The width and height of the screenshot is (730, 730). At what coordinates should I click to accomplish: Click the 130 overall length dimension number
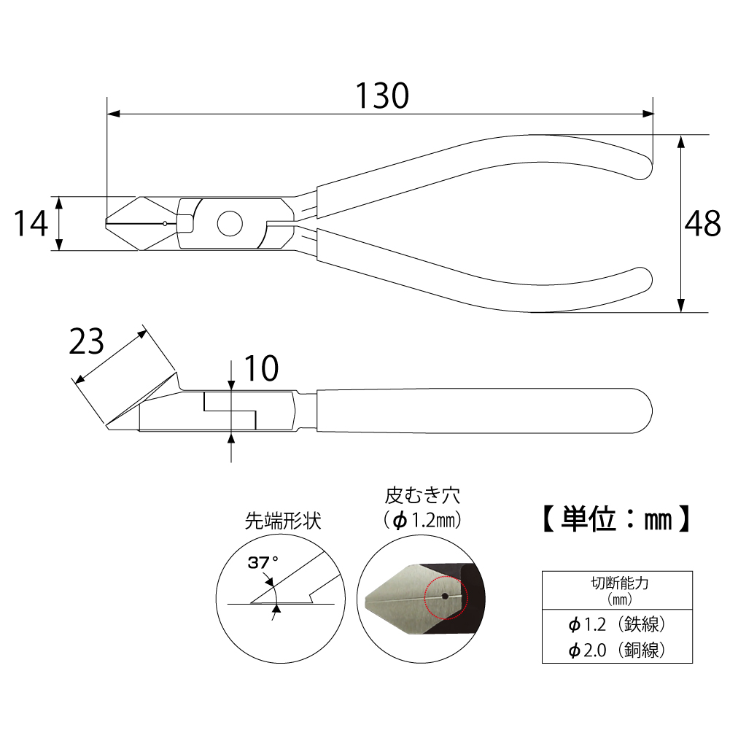click(x=381, y=96)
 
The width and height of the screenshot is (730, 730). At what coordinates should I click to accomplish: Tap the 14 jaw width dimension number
click(x=31, y=224)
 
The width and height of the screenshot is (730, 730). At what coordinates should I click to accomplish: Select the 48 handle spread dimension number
click(x=702, y=225)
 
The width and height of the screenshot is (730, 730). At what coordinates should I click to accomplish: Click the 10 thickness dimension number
click(x=260, y=370)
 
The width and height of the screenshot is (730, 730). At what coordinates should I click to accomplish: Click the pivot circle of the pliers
click(x=230, y=224)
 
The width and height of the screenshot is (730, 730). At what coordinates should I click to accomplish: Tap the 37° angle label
click(x=263, y=563)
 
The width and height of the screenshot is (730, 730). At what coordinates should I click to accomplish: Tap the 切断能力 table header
click(x=618, y=583)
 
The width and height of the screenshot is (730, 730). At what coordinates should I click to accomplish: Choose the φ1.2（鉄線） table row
click(x=617, y=625)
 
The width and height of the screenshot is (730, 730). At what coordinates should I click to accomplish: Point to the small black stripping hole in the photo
click(x=444, y=596)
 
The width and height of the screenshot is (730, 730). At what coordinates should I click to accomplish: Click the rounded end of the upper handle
click(x=641, y=160)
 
